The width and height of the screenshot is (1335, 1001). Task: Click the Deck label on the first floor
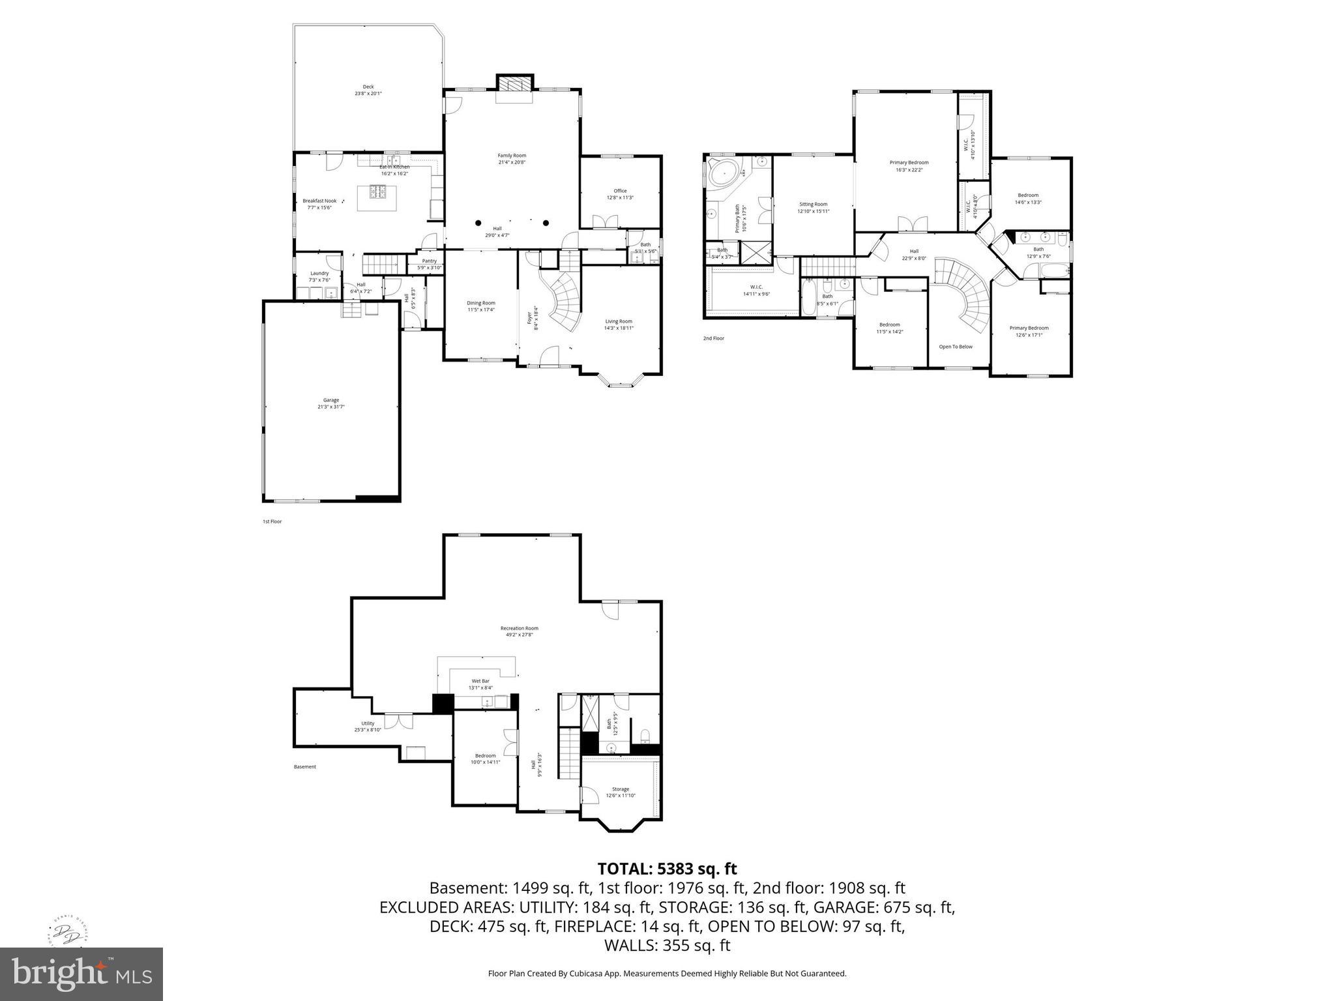[368, 87]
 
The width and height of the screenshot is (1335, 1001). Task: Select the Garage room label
[331, 400]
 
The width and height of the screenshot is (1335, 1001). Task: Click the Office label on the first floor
[620, 191]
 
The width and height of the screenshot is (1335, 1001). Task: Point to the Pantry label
[429, 261]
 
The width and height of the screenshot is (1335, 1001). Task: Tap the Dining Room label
[481, 302]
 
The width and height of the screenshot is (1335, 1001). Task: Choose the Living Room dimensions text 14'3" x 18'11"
[619, 328]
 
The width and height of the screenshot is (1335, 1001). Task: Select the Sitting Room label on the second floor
[813, 204]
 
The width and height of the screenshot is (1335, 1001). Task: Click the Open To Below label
[956, 347]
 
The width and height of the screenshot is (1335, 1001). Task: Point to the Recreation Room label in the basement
[520, 628]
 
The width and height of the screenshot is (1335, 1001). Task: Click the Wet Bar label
[480, 681]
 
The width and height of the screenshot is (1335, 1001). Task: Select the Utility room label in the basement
[368, 723]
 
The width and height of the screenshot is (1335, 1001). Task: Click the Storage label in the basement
[621, 789]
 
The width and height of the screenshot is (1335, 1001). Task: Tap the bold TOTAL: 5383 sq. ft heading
[667, 869]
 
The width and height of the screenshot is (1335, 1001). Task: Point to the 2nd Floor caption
[713, 338]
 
